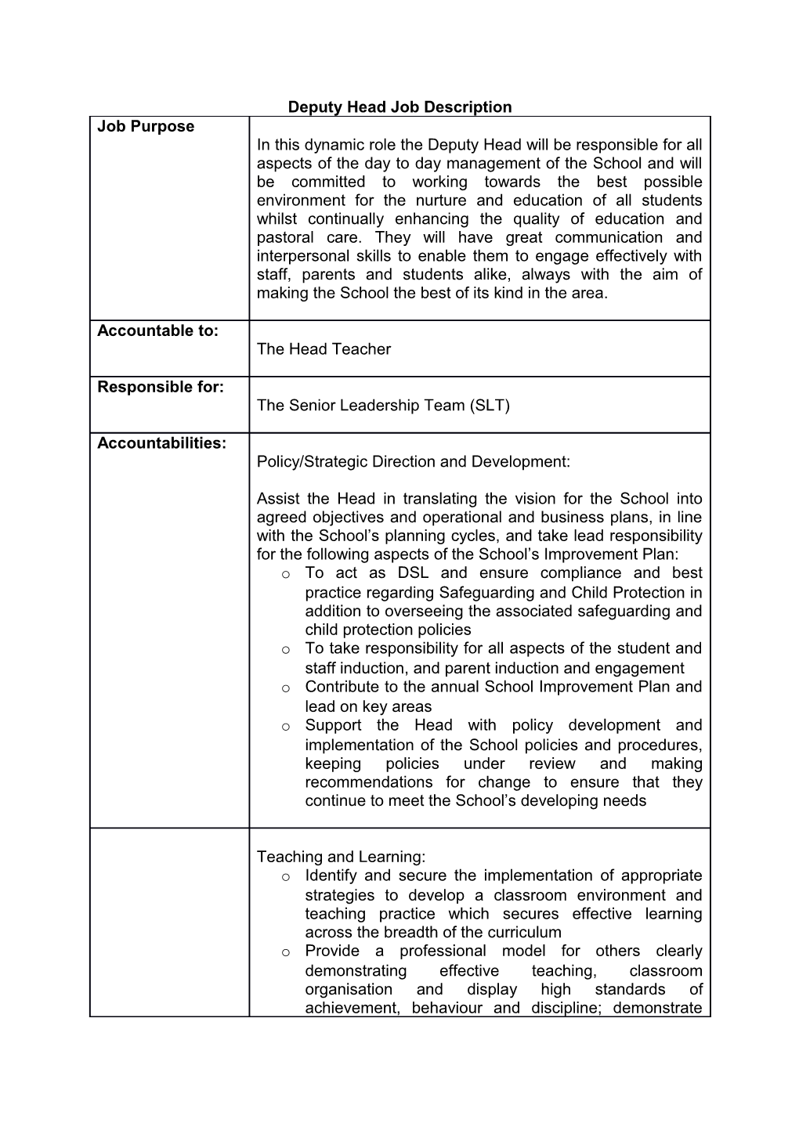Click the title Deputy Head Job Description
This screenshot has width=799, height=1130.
click(399, 107)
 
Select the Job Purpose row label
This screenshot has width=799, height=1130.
click(146, 127)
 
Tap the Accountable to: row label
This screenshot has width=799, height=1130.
click(157, 330)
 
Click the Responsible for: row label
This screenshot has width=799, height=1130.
click(161, 387)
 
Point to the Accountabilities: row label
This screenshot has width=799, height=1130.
click(161, 443)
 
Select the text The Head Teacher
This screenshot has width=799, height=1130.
click(324, 349)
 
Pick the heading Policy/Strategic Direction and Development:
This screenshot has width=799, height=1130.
click(413, 462)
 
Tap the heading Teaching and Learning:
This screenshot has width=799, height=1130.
click(341, 857)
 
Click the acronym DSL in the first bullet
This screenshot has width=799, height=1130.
click(412, 573)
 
